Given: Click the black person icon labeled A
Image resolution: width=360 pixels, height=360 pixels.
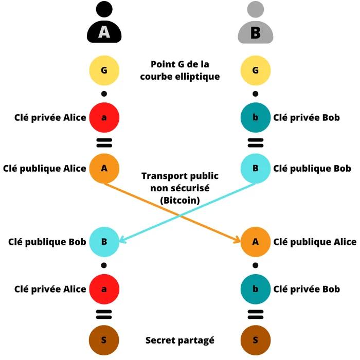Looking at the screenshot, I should pos(104,25).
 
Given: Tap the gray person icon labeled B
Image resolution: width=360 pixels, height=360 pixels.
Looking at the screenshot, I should pos(256,25).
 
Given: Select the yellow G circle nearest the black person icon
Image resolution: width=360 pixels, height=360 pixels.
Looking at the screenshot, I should pos(104,69).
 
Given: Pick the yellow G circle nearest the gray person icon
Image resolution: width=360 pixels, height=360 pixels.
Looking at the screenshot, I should pos(256,69).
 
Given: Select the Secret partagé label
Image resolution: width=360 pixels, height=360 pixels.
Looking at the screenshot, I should pos(179,340).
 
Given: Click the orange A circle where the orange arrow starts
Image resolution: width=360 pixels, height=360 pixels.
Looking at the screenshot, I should pos(104,168).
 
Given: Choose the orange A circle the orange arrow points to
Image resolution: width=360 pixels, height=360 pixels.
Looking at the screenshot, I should pos(256,241).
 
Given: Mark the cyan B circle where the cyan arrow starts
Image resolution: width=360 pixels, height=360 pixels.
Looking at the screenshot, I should pos(256,168).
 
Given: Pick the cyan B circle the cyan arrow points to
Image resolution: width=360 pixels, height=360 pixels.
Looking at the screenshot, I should pos(104,241).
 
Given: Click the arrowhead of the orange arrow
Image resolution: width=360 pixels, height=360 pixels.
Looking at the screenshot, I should pos(238,240).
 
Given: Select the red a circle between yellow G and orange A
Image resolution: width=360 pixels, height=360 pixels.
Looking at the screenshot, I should pos(104,117).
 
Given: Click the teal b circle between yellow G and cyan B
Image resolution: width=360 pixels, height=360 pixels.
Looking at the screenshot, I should pos(256,117).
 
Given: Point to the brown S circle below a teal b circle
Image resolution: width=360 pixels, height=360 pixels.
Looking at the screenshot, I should pos(256,339).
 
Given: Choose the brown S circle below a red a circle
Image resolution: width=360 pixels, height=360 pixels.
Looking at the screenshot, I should pos(104,339).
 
